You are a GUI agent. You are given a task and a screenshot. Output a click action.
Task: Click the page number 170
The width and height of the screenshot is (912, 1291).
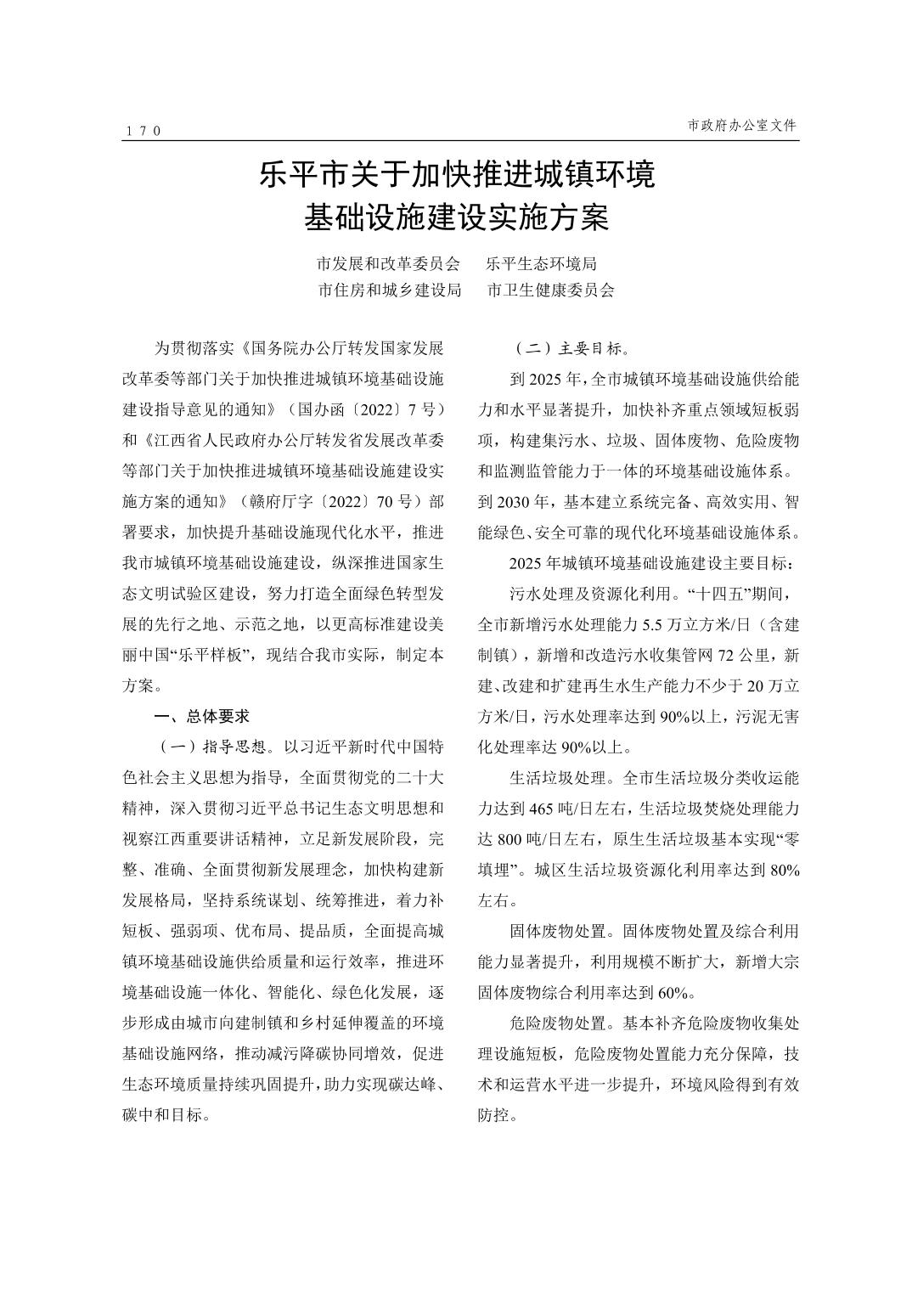(x=143, y=131)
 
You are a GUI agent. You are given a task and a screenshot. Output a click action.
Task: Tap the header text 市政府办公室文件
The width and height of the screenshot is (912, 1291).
(x=742, y=125)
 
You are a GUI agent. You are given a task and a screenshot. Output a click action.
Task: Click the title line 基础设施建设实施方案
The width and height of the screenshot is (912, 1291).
(x=457, y=218)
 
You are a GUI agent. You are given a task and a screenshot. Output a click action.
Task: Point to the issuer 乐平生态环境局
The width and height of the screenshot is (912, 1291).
(x=542, y=264)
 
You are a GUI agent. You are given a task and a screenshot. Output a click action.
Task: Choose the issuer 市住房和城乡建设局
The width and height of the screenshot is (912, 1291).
(x=390, y=290)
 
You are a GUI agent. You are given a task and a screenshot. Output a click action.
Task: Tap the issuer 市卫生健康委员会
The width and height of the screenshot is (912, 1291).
(x=550, y=290)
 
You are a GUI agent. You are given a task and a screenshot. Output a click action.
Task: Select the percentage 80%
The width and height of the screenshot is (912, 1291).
(x=780, y=870)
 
